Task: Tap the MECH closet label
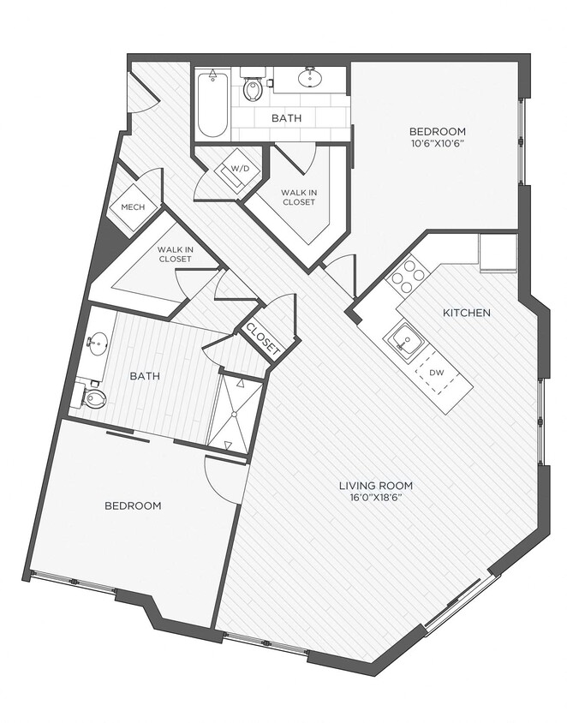click(x=133, y=207)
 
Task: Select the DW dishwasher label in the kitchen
click(x=437, y=372)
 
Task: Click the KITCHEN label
click(x=466, y=313)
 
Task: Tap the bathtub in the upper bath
click(x=212, y=105)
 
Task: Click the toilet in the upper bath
click(x=254, y=89)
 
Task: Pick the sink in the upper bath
click(x=310, y=79)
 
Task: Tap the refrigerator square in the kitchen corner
click(x=498, y=252)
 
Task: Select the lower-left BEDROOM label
click(x=133, y=505)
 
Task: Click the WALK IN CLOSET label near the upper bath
click(x=297, y=197)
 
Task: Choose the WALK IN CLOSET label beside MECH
click(x=174, y=254)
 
